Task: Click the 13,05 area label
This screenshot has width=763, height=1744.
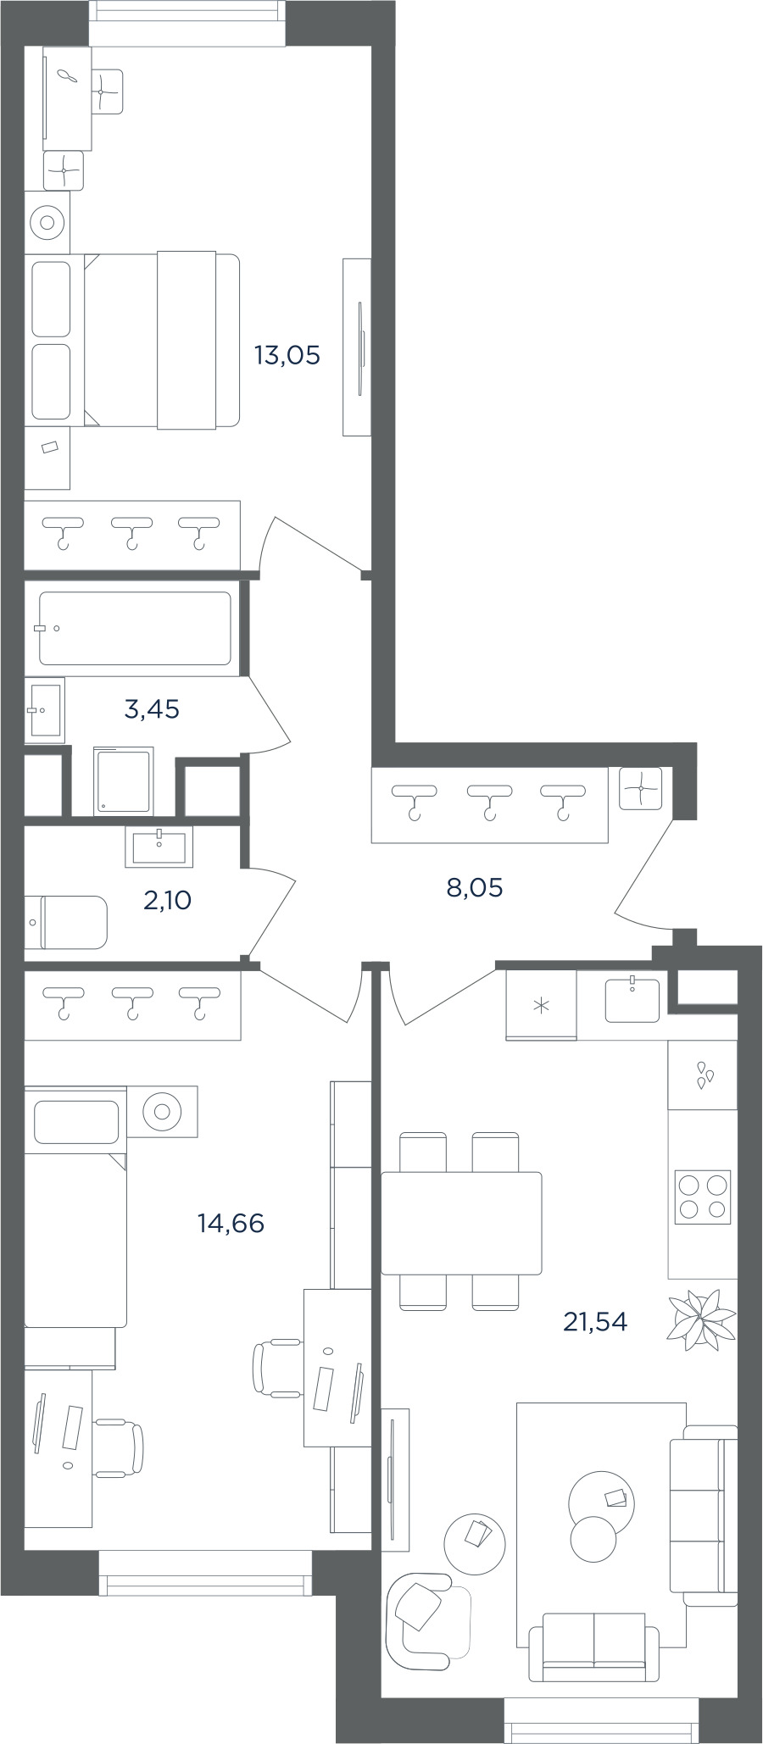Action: point(287,355)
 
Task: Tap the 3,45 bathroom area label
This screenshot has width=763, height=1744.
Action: point(152,708)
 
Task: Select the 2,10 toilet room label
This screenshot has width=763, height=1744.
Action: point(168,900)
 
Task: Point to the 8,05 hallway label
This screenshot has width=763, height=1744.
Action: point(475,887)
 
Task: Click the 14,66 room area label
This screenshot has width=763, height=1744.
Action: point(231,1223)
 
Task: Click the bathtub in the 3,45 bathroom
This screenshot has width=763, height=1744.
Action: point(135,628)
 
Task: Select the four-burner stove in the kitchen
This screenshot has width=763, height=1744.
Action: point(702,1197)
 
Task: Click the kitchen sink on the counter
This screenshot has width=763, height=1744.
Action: point(632,1000)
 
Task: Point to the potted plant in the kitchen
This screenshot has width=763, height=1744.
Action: point(700,1319)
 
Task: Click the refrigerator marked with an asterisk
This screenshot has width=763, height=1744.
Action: point(541,1005)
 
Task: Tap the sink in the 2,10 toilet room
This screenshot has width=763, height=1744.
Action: point(159,847)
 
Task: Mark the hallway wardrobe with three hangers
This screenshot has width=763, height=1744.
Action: point(490,804)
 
